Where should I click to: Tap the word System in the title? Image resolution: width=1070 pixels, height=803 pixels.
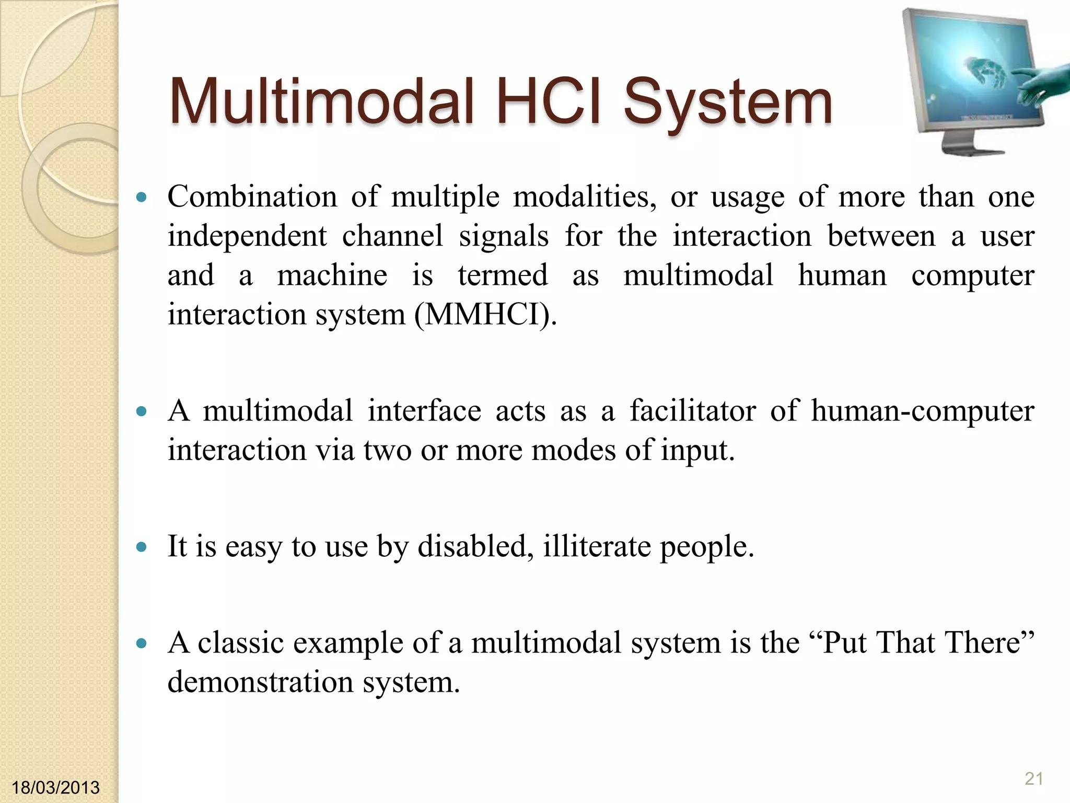pyautogui.click(x=727, y=102)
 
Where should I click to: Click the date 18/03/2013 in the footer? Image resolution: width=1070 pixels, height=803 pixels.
pyautogui.click(x=55, y=787)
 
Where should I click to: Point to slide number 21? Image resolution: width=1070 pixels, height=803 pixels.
pyautogui.click(x=1033, y=779)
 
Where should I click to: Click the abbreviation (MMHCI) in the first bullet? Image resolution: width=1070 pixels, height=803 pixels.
pyautogui.click(x=485, y=315)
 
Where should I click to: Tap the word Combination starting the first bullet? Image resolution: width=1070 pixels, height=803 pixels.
pyautogui.click(x=252, y=197)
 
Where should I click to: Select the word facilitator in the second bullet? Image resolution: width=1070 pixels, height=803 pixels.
pyautogui.click(x=692, y=410)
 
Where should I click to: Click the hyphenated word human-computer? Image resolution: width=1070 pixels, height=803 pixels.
pyautogui.click(x=922, y=410)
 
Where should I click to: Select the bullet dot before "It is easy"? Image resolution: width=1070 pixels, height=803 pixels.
pyautogui.click(x=141, y=547)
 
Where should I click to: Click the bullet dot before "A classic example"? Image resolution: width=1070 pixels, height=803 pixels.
pyautogui.click(x=141, y=644)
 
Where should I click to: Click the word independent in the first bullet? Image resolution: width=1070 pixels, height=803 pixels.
pyautogui.click(x=247, y=236)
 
